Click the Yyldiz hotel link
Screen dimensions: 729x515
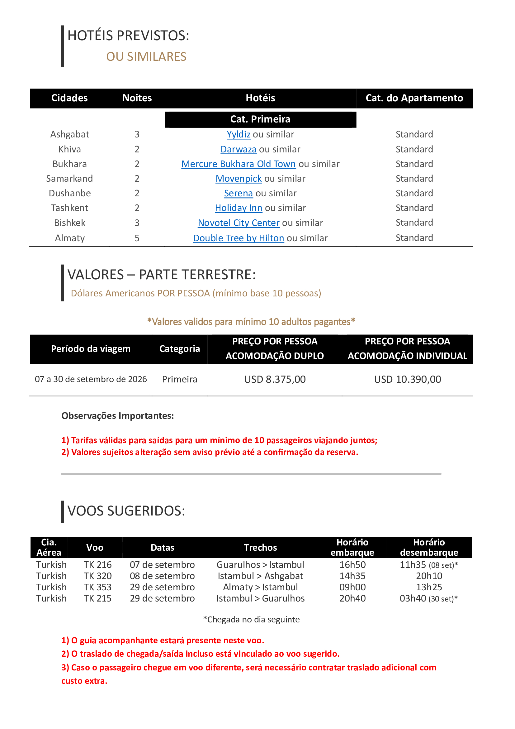pyautogui.click(x=239, y=134)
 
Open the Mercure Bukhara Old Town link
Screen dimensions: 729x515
pyautogui.click(x=239, y=164)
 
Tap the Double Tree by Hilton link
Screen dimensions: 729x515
pyautogui.click(x=239, y=238)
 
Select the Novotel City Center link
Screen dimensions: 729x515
pyautogui.click(x=239, y=223)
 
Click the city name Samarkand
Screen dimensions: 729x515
pyautogui.click(x=69, y=179)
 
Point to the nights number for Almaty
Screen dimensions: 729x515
pyautogui.click(x=137, y=238)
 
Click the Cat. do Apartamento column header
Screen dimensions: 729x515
pyautogui.click(x=414, y=98)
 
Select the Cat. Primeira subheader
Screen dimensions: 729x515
pyautogui.click(x=260, y=119)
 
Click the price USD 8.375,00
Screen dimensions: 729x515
pyautogui.click(x=275, y=379)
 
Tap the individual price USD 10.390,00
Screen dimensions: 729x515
pyautogui.click(x=408, y=379)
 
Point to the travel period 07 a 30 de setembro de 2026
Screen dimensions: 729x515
pyautogui.click(x=91, y=379)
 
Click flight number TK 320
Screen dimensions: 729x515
pyautogui.click(x=98, y=576)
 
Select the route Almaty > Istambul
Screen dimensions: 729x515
pyautogui.click(x=260, y=587)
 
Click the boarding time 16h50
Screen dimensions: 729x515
pyautogui.click(x=352, y=565)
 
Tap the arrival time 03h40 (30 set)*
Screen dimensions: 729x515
pyautogui.click(x=429, y=598)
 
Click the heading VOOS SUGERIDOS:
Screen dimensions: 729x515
pyautogui.click(x=126, y=511)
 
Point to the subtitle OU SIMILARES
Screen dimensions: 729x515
pyautogui.click(x=146, y=57)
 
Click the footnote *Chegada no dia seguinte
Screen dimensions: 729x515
pyautogui.click(x=251, y=620)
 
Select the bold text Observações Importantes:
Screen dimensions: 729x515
pyautogui.click(x=118, y=416)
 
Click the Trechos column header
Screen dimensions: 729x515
pyautogui.click(x=260, y=548)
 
